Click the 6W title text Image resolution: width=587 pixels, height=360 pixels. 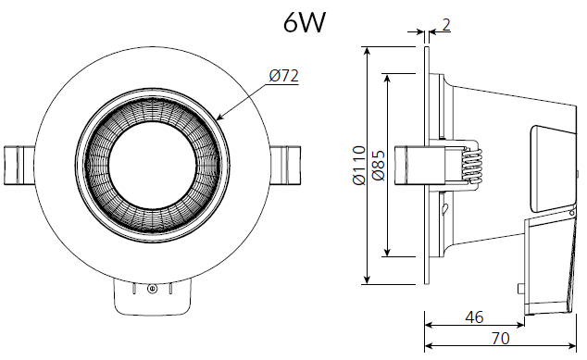[x=305, y=22]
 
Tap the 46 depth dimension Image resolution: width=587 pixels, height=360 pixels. [x=473, y=317]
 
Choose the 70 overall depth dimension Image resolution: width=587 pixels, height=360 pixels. [x=500, y=339]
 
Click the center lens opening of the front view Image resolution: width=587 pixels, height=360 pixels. [x=151, y=165]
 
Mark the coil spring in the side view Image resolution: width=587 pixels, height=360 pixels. [x=473, y=165]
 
